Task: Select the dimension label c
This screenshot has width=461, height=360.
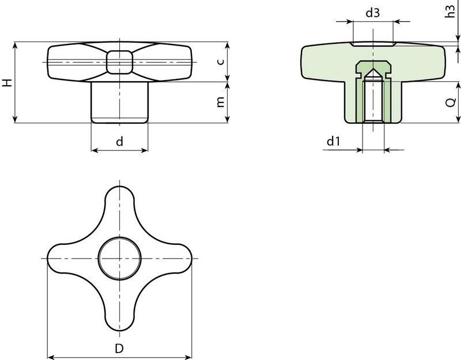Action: click(221, 62)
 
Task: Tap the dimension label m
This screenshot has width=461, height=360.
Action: click(221, 102)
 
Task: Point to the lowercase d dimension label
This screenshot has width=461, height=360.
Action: click(119, 141)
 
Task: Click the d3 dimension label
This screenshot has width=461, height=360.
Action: click(372, 13)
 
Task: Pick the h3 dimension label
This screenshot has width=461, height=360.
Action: click(450, 11)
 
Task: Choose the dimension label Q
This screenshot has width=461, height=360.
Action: click(451, 103)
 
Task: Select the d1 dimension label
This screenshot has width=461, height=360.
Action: click(334, 141)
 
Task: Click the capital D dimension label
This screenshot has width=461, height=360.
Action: click(119, 349)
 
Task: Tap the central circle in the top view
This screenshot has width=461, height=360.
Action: click(120, 258)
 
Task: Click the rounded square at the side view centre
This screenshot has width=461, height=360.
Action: click(120, 62)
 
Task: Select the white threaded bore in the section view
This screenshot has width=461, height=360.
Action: click(373, 101)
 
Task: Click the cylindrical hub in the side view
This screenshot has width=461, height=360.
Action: click(120, 103)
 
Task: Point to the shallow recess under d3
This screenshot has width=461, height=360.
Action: click(373, 44)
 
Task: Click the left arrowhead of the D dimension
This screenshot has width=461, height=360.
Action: click(51, 357)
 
